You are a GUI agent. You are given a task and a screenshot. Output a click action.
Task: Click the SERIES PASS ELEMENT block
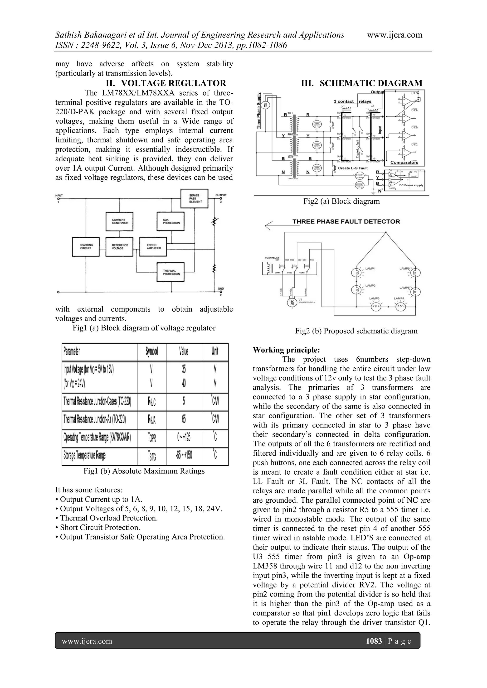(x=194, y=198)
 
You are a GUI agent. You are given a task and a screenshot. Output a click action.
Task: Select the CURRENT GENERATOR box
(x=119, y=221)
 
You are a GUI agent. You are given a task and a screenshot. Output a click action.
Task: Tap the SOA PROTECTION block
(x=170, y=221)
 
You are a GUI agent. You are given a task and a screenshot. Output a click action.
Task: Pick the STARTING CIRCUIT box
(x=86, y=247)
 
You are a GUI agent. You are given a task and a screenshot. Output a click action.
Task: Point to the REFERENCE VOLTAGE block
(x=119, y=247)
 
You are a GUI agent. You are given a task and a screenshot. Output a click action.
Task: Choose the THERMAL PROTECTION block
(x=170, y=272)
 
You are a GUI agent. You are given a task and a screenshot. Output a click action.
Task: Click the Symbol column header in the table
(x=152, y=351)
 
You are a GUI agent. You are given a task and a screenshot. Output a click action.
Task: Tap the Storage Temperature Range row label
(x=85, y=456)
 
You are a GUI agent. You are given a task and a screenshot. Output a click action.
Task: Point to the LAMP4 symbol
(x=400, y=307)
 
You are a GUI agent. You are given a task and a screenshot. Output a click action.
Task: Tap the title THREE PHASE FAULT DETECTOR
(x=346, y=221)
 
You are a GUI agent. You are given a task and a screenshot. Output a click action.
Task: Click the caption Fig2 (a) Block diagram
(x=341, y=201)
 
